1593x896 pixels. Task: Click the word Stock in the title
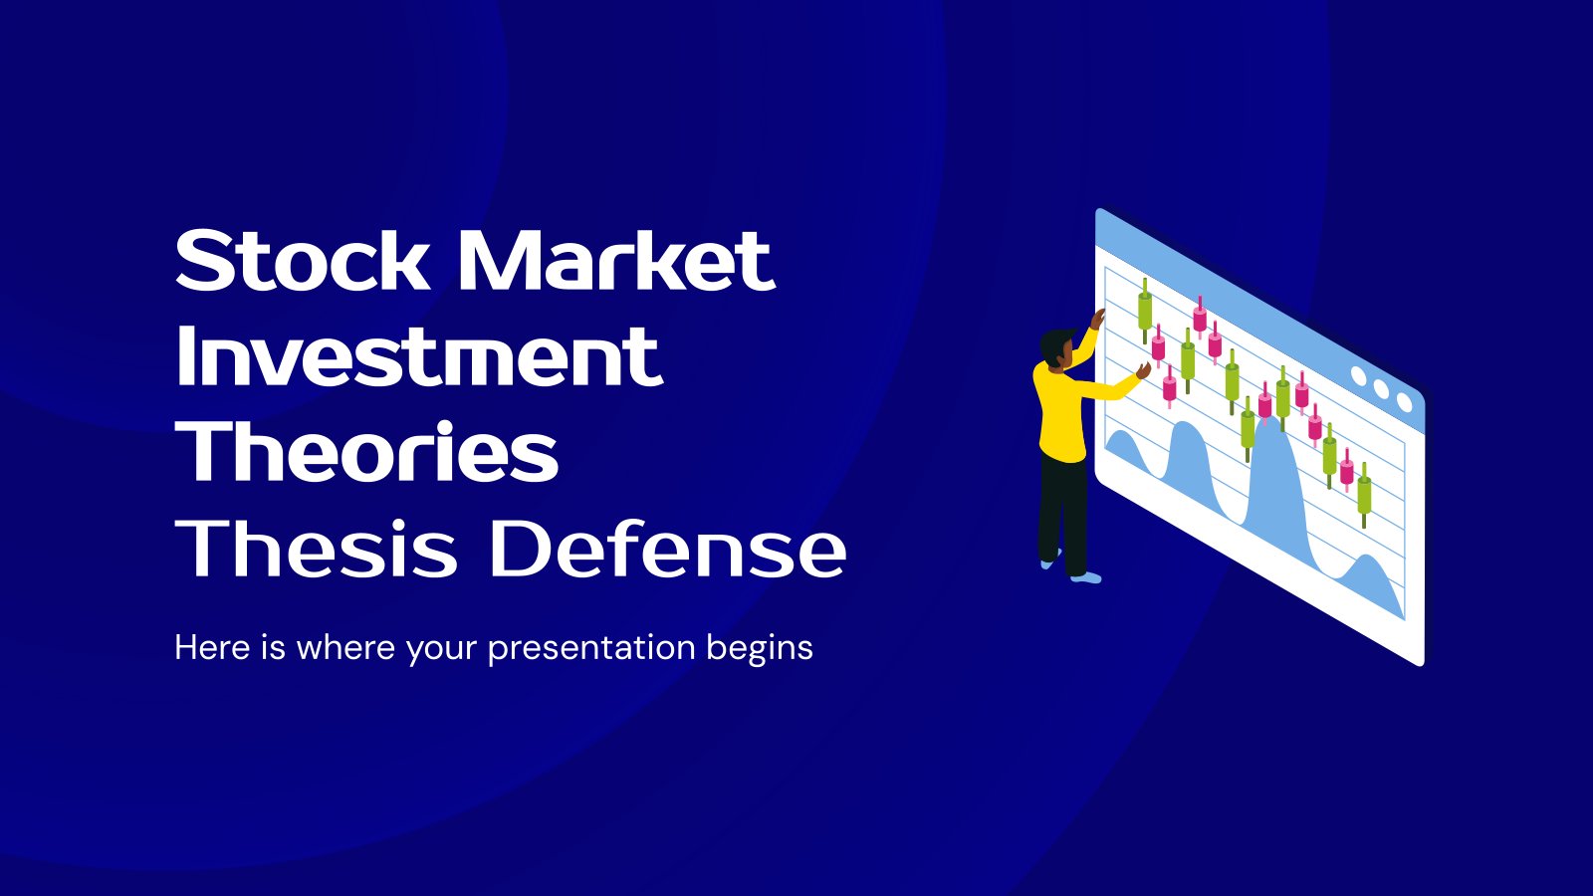click(x=303, y=260)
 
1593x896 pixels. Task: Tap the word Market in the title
click(x=616, y=260)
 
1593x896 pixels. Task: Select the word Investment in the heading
click(x=419, y=354)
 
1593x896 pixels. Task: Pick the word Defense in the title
click(x=667, y=548)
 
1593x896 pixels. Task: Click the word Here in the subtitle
click(x=212, y=648)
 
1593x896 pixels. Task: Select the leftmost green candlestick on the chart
click(x=1145, y=311)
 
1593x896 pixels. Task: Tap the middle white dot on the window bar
click(x=1381, y=388)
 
